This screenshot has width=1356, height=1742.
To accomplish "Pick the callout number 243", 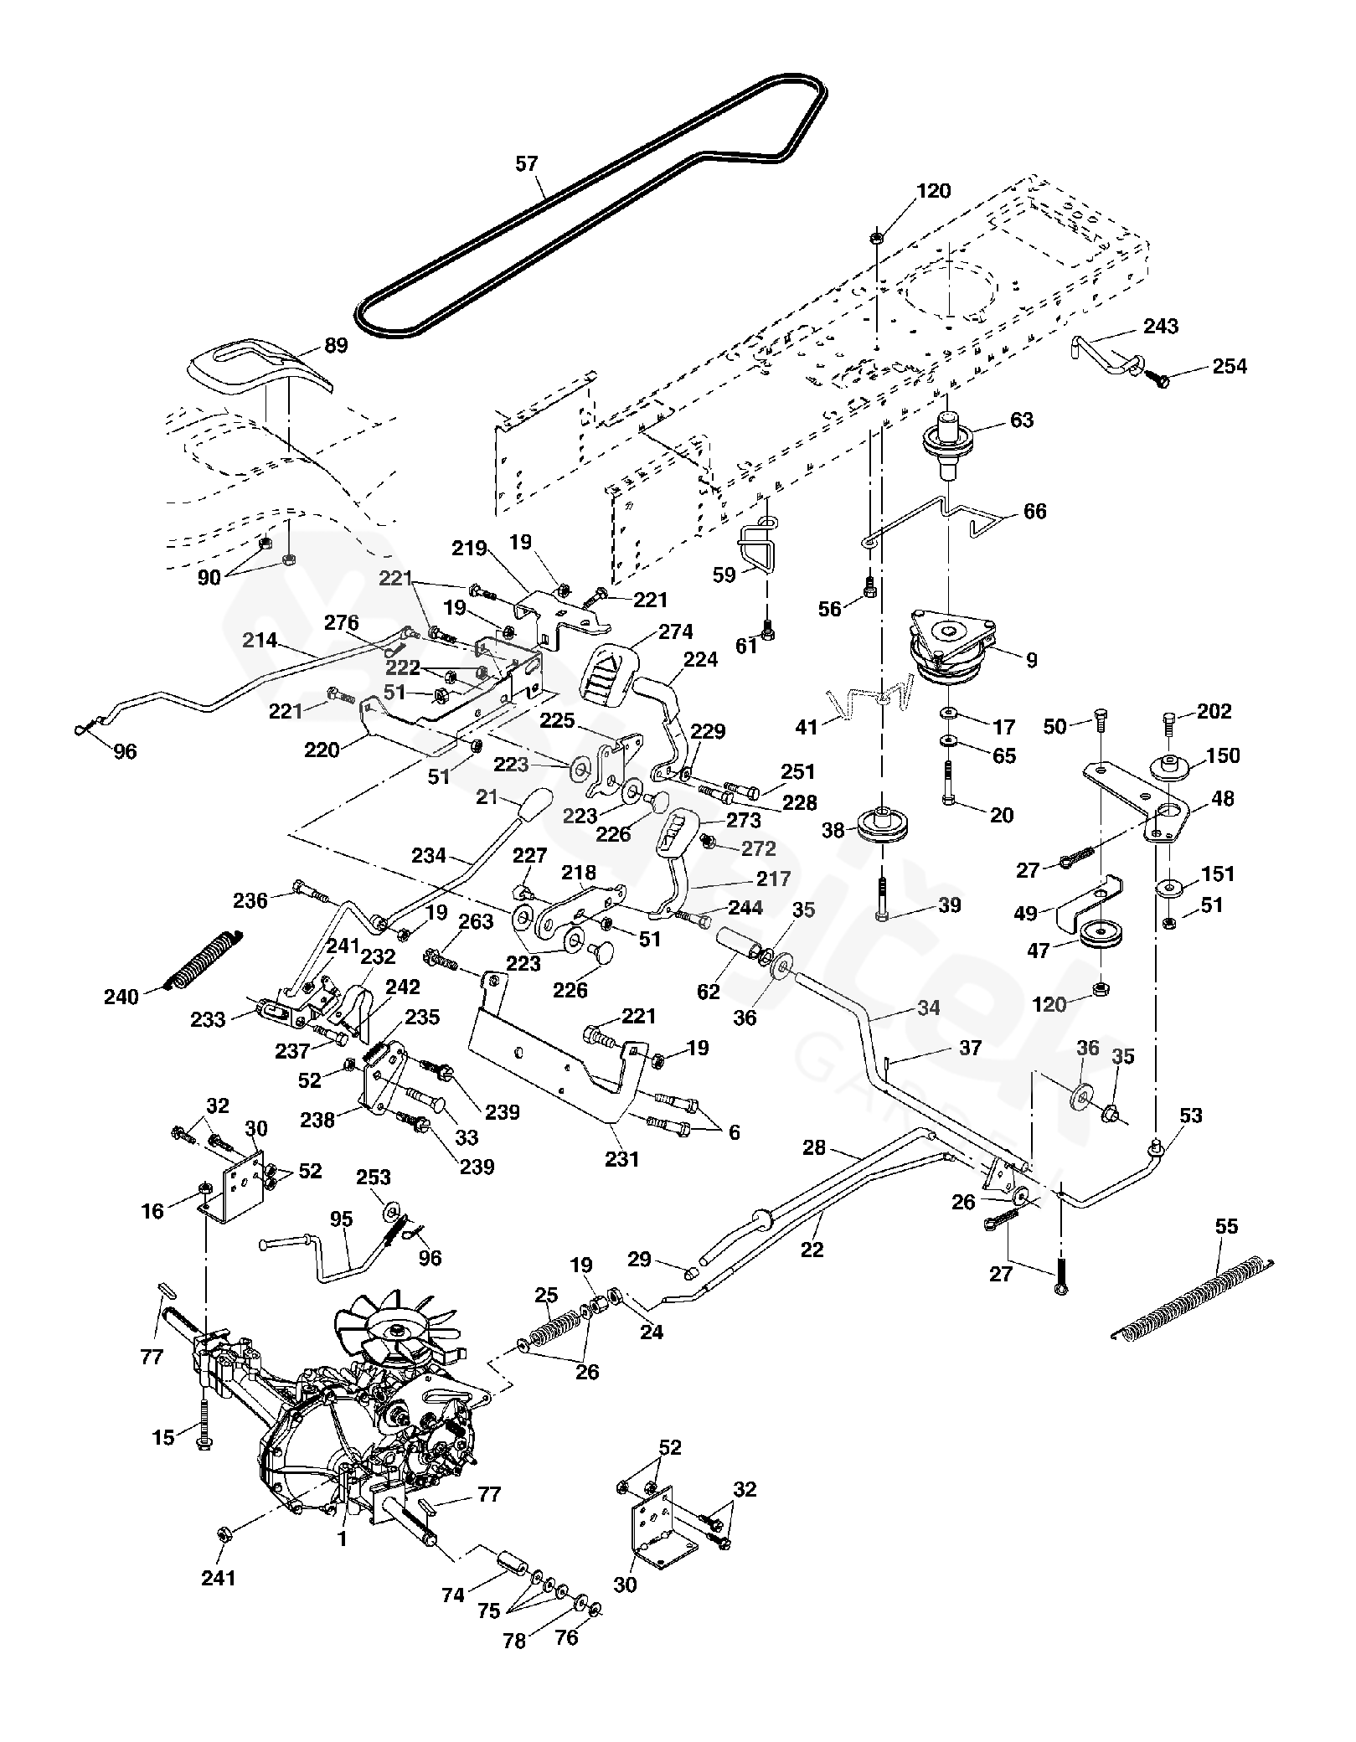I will click(x=1160, y=326).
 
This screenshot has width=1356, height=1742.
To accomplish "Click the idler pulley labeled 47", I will click(x=1100, y=934).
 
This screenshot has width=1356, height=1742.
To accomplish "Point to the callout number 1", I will click(x=342, y=1538).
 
